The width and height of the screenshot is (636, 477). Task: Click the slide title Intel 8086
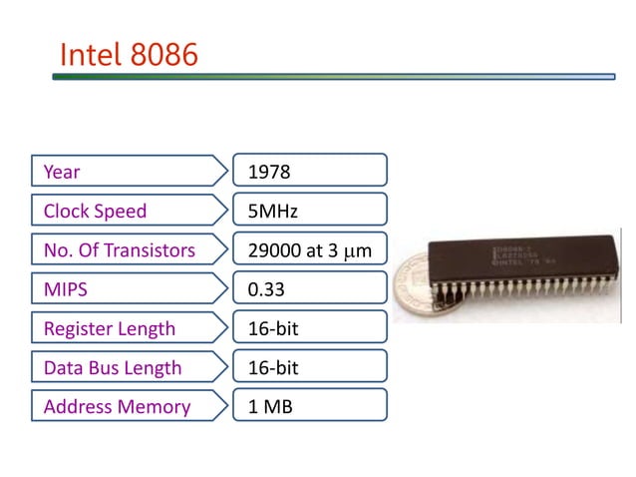pos(129,53)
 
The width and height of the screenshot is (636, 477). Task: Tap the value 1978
pos(309,172)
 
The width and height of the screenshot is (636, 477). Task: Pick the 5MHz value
pos(309,211)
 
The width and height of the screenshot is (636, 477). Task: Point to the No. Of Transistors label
pos(119,250)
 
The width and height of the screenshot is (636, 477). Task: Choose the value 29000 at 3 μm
pos(309,250)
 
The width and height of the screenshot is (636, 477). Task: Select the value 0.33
pos(309,289)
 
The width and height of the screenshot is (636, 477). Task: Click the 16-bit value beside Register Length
pos(309,328)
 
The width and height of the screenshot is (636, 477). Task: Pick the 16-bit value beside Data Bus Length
pos(309,367)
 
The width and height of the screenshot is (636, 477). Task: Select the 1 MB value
pos(309,406)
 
